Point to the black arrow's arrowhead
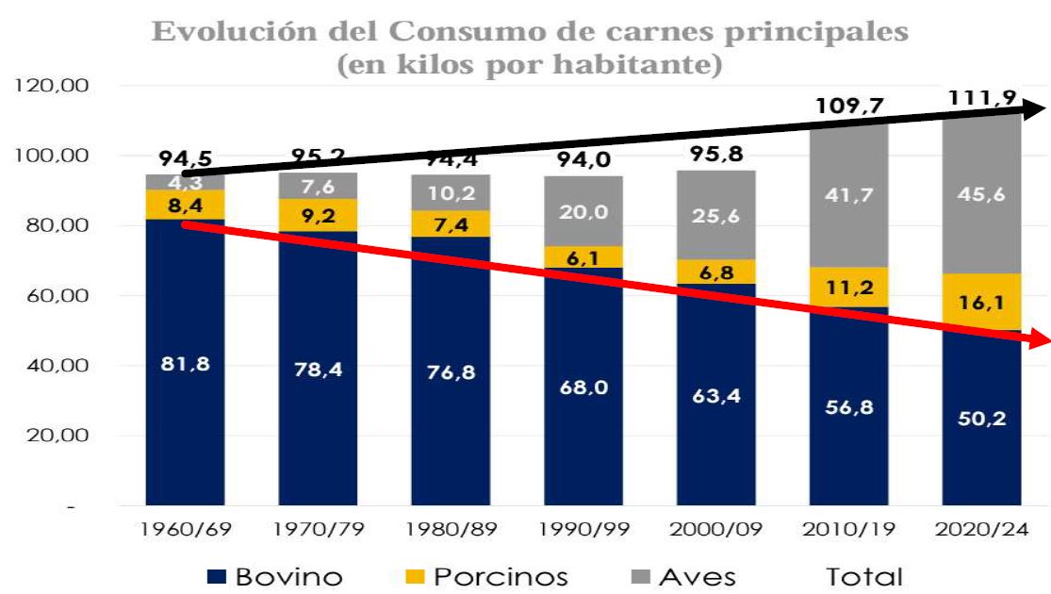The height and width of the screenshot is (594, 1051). pyautogui.click(x=1037, y=108)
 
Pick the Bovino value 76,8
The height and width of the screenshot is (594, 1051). pyautogui.click(x=451, y=372)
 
